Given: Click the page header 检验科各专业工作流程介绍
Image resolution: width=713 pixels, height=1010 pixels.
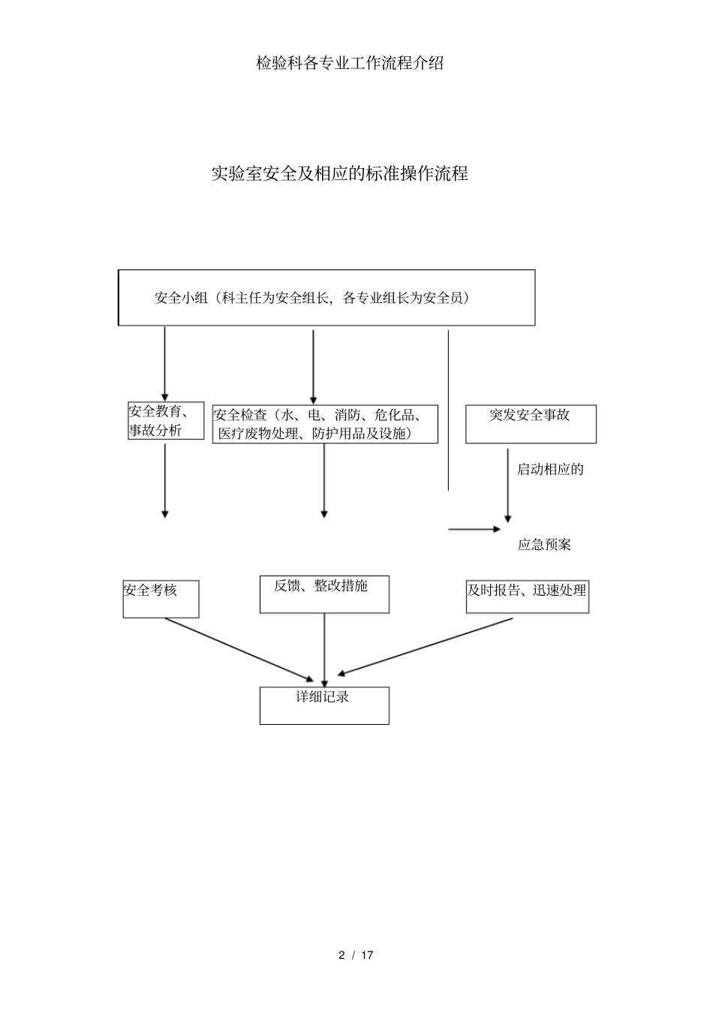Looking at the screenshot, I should pos(350,63).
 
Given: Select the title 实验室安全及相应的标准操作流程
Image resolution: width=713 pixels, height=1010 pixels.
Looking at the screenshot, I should pos(339,173).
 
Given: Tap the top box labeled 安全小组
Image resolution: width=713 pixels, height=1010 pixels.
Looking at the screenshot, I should pos(326,298).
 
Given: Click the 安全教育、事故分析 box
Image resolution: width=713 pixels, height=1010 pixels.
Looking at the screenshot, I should pos(166,421).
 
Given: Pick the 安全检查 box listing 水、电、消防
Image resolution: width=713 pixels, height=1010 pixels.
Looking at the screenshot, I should pos(325,425).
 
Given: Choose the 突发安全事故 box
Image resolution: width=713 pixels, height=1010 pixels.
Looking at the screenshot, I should pos(531,424).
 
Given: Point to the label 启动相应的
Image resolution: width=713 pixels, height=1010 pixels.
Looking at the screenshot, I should pos(550,470).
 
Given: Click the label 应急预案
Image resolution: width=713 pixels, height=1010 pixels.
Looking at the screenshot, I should pos(544,545).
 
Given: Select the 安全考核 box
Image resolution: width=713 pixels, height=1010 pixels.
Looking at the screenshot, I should pos(161,598).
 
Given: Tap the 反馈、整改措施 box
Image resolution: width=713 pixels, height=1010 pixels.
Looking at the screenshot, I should pos(324,594).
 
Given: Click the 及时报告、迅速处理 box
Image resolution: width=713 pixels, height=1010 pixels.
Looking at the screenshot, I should pos(527,597).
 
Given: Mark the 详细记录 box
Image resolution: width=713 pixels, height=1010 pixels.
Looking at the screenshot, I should pos(324,705).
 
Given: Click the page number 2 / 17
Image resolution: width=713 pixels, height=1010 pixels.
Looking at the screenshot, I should pos(356,955).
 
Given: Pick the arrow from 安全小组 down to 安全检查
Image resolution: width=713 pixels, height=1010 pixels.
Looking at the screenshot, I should pos(313,365).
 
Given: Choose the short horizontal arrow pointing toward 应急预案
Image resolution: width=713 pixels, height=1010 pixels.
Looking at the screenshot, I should pos(474,529).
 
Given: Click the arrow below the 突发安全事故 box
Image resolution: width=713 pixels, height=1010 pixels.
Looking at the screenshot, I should pos(508,485).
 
